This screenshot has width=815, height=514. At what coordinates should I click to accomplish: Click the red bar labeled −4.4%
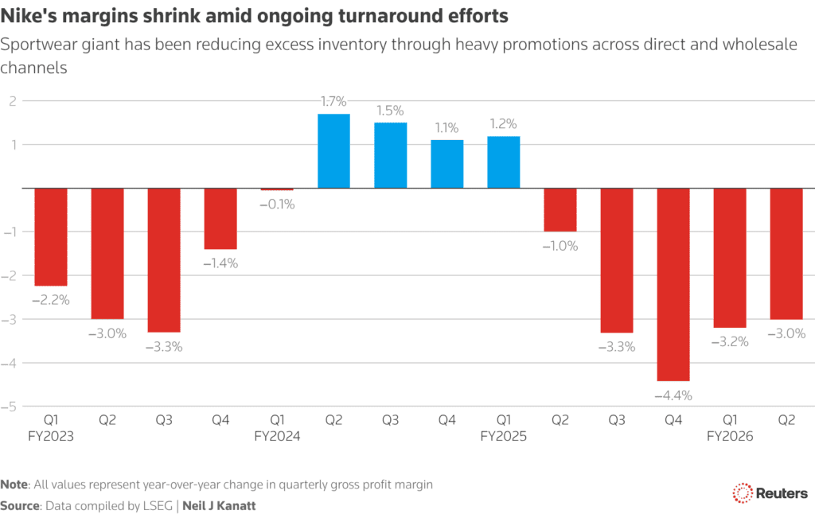(674, 284)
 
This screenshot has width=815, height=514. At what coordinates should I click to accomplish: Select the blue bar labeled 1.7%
(333, 151)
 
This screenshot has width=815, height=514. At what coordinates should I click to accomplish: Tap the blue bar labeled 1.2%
(504, 162)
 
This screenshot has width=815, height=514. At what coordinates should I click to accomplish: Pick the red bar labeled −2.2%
(50, 236)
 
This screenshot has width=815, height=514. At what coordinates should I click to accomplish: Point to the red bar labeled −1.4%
(220, 219)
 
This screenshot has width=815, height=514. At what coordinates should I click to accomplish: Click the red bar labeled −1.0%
(560, 210)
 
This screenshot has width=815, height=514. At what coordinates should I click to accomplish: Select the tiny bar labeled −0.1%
(277, 189)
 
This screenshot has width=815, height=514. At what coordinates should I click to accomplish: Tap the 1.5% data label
(390, 109)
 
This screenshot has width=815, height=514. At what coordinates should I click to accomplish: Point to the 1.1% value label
(446, 127)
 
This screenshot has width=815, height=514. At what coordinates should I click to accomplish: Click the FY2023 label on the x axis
(50, 436)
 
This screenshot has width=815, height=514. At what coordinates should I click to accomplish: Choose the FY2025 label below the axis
(504, 436)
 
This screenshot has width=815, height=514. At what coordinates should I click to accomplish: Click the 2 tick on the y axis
(14, 101)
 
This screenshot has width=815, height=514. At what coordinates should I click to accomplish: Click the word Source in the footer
(20, 505)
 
